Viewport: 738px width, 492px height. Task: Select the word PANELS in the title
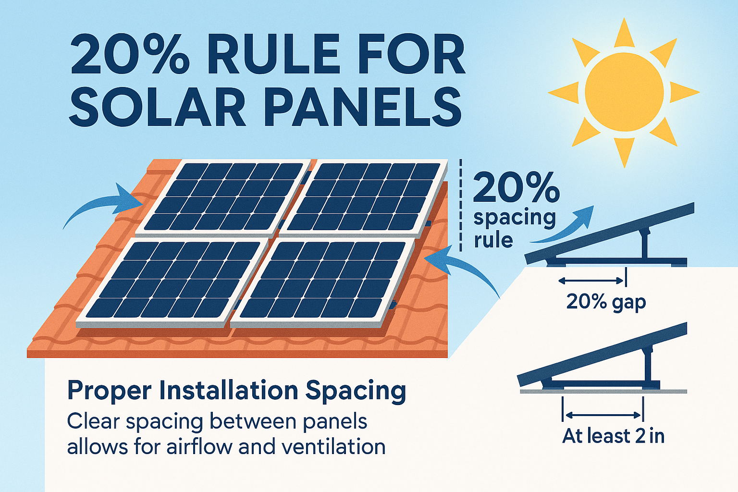pos(363,107)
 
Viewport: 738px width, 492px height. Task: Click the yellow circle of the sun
pos(624,92)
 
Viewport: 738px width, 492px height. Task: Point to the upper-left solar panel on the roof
pos(222,197)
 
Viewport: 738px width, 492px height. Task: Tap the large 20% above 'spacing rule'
pos(517,188)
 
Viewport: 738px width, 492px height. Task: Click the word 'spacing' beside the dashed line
pos(515,219)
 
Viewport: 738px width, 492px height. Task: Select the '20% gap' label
pos(606,302)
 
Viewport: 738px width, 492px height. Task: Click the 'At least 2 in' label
pos(614,436)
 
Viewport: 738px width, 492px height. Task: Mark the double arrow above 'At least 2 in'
pos(603,415)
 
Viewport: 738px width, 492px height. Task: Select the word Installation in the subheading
pos(229,391)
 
